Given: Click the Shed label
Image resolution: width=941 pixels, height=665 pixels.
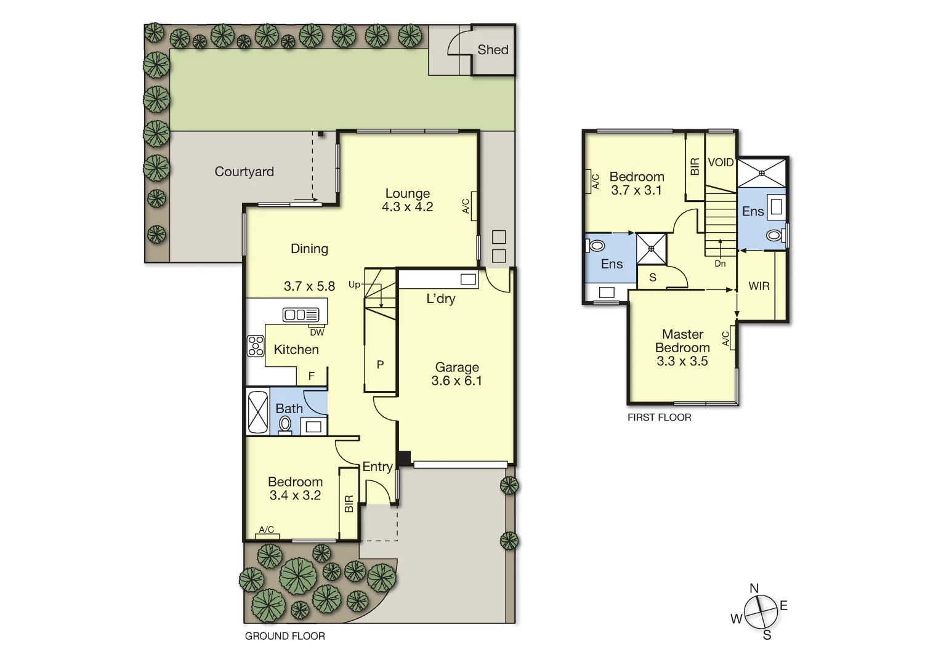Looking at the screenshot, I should coord(493,50).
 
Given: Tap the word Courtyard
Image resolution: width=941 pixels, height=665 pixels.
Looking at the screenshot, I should coord(244,172).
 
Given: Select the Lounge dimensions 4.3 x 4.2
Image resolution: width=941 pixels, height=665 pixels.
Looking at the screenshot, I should coord(407,208).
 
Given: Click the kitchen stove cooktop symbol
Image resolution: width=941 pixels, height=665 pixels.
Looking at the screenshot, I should coord(256,346).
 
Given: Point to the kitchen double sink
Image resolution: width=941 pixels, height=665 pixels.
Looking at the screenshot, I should coord(301,315).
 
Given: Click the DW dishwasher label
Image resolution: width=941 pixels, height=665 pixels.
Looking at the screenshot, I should coord(317,332).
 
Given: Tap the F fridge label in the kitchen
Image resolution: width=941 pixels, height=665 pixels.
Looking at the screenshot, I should coord(312,376).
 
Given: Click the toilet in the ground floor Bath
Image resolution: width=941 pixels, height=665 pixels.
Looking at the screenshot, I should coord(285,424).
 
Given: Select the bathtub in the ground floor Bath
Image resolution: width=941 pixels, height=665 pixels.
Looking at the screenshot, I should coord(257,412).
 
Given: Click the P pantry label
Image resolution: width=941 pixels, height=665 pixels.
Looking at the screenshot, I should coord(380,365).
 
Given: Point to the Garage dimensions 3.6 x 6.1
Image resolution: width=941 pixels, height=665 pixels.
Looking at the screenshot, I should coord(456,381).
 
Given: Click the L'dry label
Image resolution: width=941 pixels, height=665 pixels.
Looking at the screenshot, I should coord(441,299).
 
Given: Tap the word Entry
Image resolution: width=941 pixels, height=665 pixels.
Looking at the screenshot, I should coord(377,467).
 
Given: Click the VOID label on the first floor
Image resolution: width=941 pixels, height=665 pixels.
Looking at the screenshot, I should coord(721,163).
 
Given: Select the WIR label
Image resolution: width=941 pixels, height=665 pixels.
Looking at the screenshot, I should coord(759,286).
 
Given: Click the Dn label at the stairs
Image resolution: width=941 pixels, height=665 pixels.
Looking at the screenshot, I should coord(720,264).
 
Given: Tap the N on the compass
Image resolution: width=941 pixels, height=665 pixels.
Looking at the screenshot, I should coord(754,588).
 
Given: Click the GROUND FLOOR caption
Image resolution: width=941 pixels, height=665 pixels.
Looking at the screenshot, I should coord(285,636).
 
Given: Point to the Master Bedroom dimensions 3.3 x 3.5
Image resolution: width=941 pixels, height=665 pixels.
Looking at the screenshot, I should coord(682,361).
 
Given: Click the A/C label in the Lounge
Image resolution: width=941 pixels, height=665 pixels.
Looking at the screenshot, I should coord(466,206).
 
